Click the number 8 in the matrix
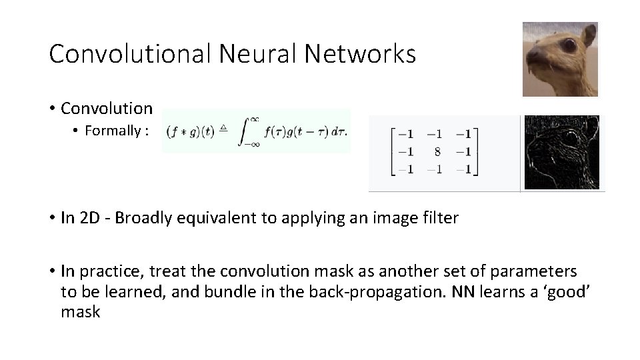click(x=437, y=151)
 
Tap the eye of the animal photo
click(x=568, y=45)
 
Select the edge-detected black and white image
click(x=561, y=153)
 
